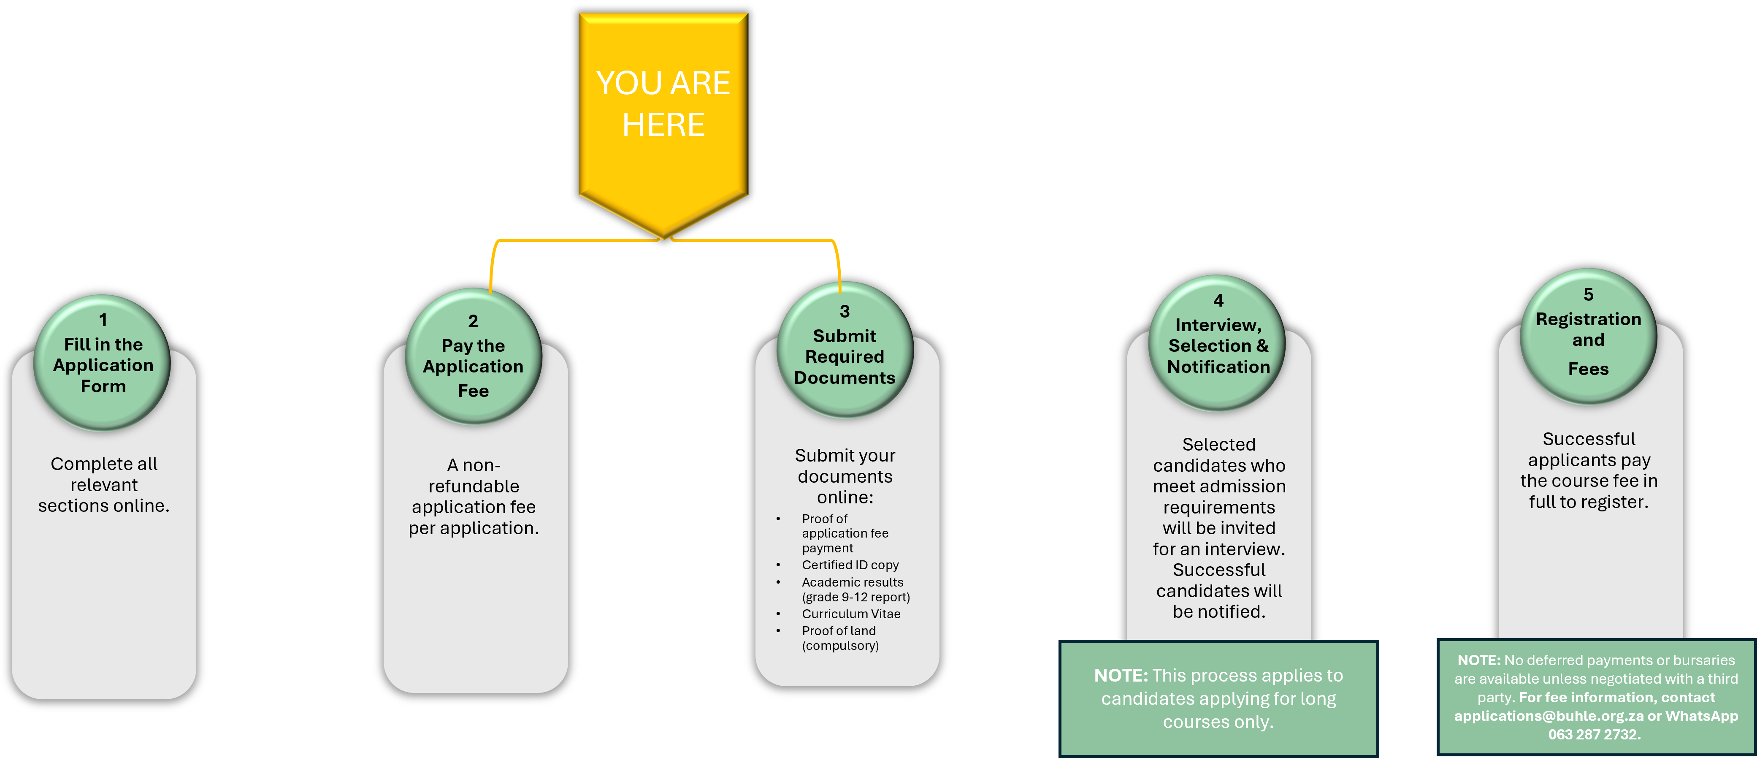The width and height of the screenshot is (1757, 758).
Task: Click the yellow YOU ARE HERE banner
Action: pyautogui.click(x=663, y=109)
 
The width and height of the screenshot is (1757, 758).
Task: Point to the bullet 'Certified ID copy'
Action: pyautogui.click(x=850, y=565)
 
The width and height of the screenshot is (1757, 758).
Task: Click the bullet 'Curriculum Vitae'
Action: pyautogui.click(x=850, y=614)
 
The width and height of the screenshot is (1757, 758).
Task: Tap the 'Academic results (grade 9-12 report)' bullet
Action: pyautogui.click(x=855, y=590)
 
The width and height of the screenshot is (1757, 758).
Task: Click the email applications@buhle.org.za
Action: pyautogui.click(x=1548, y=716)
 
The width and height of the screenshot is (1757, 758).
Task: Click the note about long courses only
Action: pyautogui.click(x=1218, y=698)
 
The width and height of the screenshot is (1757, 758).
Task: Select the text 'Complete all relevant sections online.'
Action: pyautogui.click(x=104, y=484)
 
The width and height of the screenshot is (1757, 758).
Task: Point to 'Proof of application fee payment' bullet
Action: pyautogui.click(x=845, y=533)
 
